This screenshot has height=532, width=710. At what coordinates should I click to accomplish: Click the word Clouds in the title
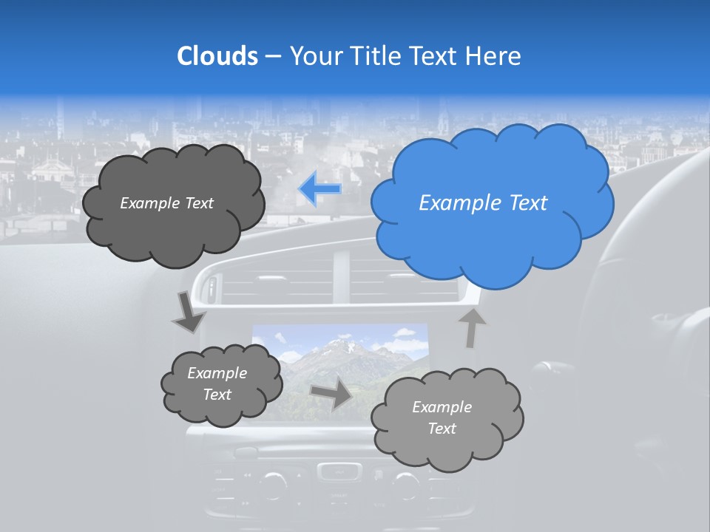(x=217, y=56)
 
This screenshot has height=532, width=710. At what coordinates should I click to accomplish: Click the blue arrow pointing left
(x=319, y=189)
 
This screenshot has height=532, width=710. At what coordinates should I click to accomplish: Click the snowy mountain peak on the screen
(x=342, y=344)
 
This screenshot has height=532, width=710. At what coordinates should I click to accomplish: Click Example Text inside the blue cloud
(x=483, y=203)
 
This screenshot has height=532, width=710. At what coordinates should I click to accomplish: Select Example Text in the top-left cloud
(x=166, y=203)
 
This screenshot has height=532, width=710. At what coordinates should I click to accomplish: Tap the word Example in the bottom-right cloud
(x=442, y=407)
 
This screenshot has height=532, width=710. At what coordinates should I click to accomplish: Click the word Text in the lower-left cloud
(x=217, y=395)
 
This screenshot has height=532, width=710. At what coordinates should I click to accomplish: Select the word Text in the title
(x=434, y=56)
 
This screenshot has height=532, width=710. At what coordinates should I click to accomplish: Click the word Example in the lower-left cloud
(x=217, y=373)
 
